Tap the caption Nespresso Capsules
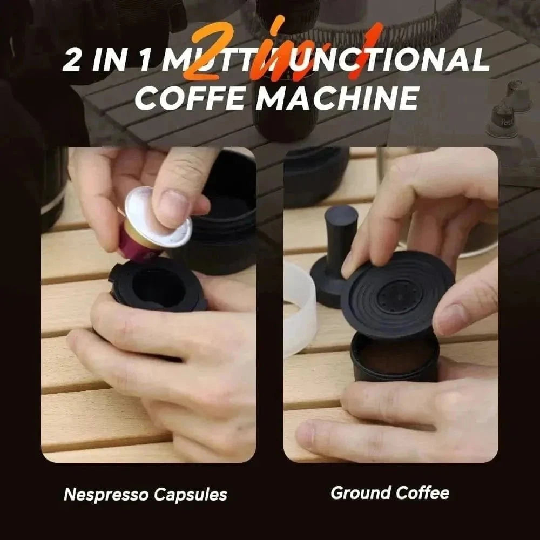[x=145, y=494]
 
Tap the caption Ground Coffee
[x=389, y=492]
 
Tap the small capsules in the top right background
[x=508, y=108]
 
